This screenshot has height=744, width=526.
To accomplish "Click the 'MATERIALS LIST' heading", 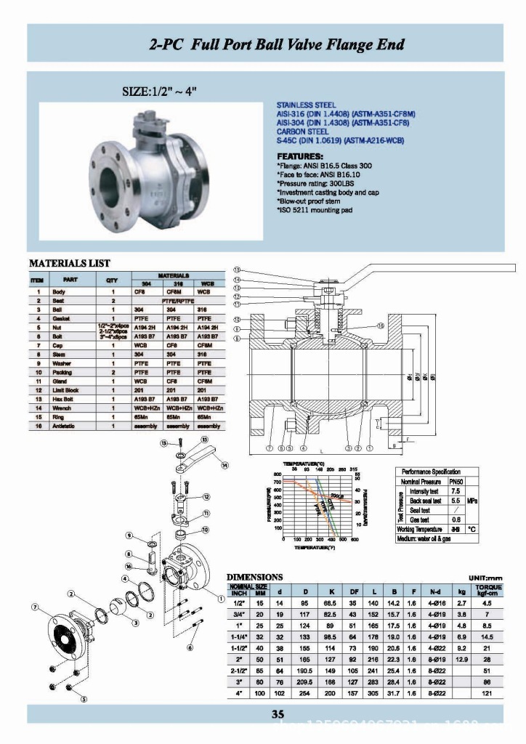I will pos(69,262).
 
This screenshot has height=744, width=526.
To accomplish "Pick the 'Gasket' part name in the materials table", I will pos(60,318).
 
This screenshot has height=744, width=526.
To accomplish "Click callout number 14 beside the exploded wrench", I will pos(224,465).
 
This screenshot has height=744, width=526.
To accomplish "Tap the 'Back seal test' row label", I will pos(426,501).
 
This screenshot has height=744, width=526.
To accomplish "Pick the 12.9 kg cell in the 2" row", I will pos(461,658).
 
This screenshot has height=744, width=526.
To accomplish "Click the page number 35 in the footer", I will pos(278,713).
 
